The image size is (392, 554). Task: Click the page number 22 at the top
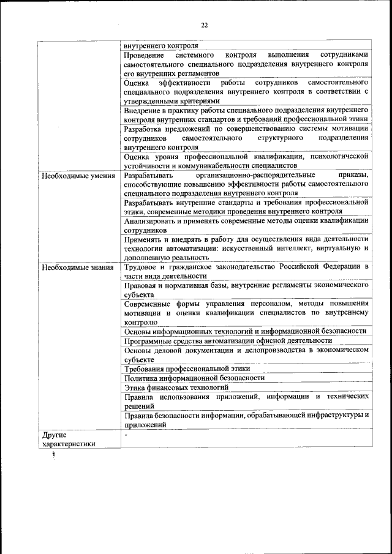pos(205,25)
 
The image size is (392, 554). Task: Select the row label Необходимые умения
pos(77,176)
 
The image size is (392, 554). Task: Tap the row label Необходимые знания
pos(77,268)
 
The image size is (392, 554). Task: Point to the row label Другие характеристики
pos(69,440)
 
